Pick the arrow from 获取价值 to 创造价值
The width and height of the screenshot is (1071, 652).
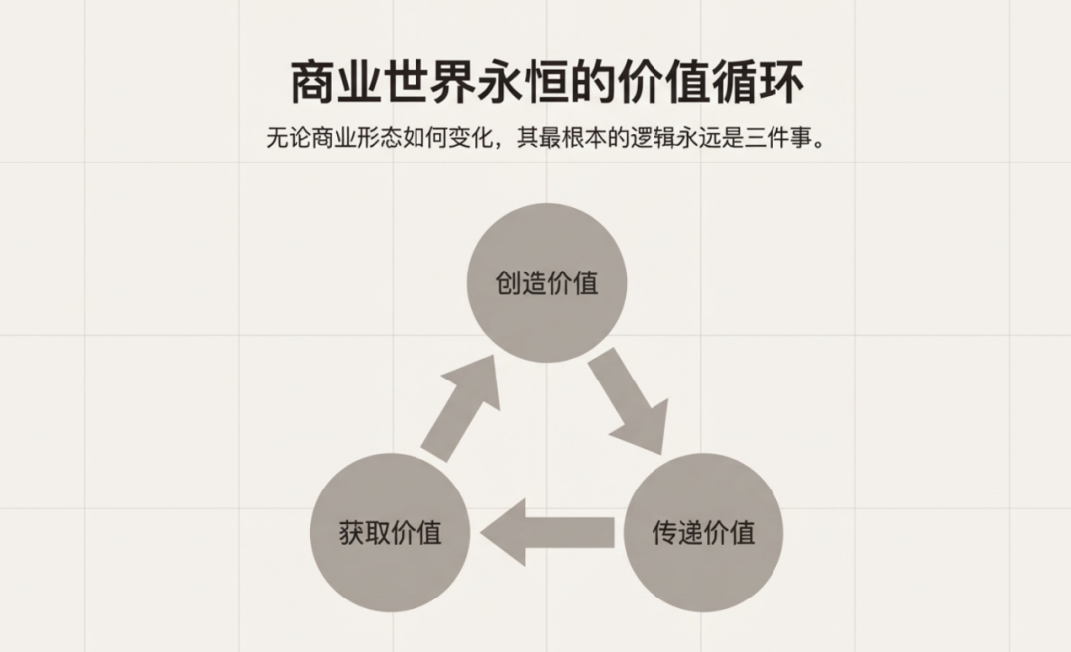(461, 406)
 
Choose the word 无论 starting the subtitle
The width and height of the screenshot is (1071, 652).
(288, 137)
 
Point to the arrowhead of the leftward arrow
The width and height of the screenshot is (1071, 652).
(504, 533)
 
